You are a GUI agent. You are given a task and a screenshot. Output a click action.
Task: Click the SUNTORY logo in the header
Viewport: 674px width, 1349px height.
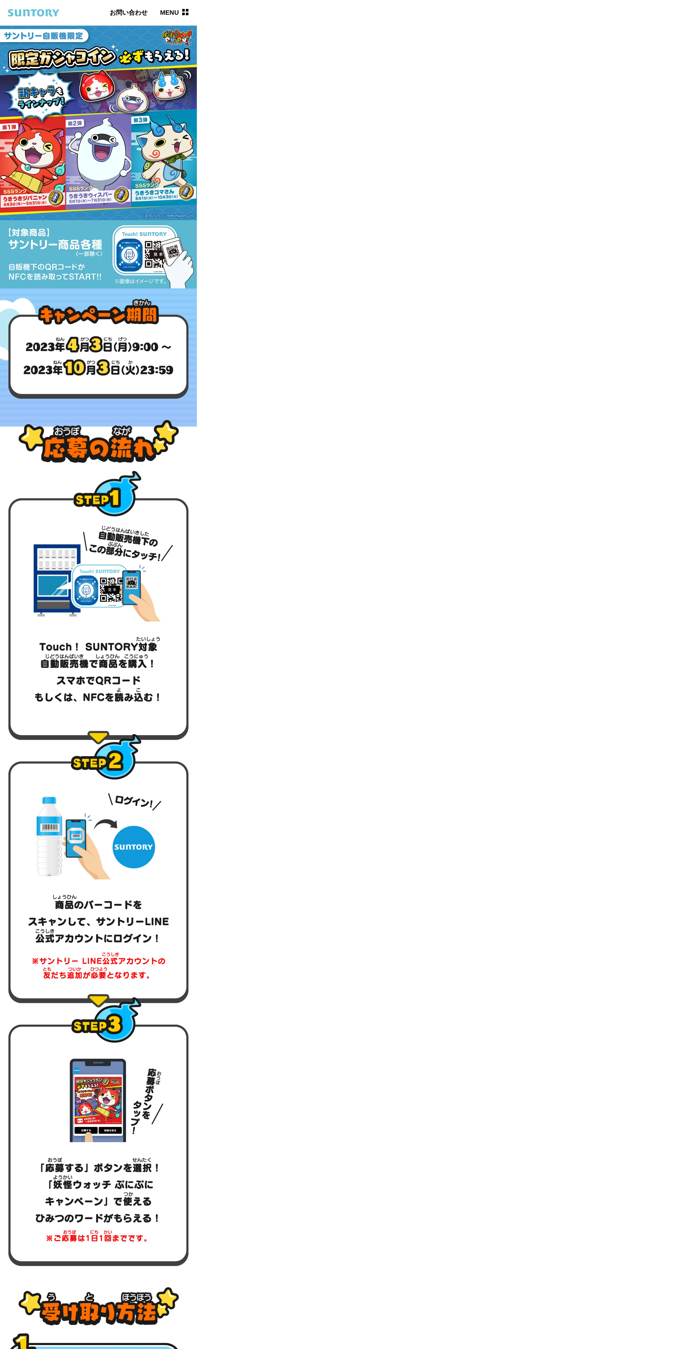click(x=33, y=13)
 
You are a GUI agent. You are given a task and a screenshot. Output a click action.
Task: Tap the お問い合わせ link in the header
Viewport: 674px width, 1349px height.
click(x=128, y=13)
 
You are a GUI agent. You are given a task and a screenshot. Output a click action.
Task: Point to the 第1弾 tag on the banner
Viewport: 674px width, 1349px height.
click(x=9, y=127)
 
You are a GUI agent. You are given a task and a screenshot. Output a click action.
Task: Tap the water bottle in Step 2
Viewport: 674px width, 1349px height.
click(x=49, y=836)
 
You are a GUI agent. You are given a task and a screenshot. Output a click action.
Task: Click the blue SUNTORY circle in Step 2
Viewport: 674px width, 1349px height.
click(x=134, y=847)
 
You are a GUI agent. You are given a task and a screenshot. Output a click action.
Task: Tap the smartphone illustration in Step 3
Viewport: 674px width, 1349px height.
click(x=98, y=1100)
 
